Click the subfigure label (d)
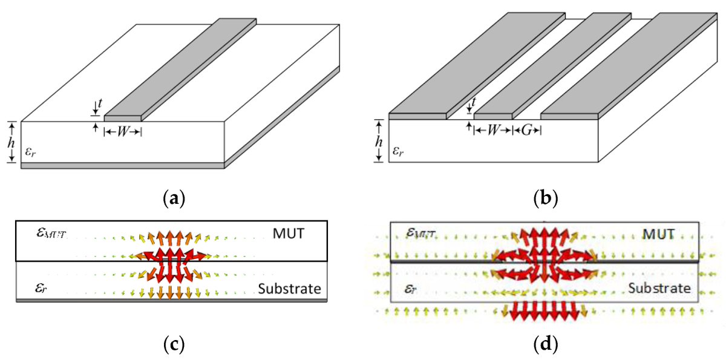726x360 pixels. pyautogui.click(x=546, y=345)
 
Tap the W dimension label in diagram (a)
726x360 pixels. pyautogui.click(x=123, y=131)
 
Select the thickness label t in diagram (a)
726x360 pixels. pyautogui.click(x=99, y=105)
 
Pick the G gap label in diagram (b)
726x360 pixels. pyautogui.click(x=526, y=129)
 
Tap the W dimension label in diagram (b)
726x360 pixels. pyautogui.click(x=493, y=129)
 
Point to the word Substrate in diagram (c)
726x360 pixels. pyautogui.click(x=289, y=289)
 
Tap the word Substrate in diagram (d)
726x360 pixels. pyautogui.click(x=659, y=288)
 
